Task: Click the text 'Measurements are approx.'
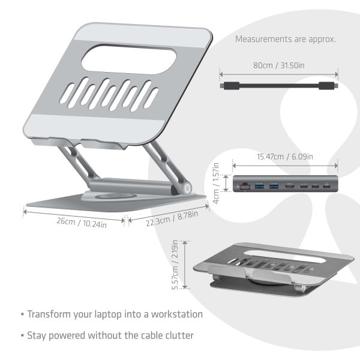coord(285,40)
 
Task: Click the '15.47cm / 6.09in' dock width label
coord(284,157)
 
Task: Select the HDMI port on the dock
coord(289,187)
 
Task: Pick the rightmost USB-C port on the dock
coord(326,187)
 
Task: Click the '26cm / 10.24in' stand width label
coord(73,221)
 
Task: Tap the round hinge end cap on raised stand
coord(187,188)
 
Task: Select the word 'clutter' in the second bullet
coord(178,335)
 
